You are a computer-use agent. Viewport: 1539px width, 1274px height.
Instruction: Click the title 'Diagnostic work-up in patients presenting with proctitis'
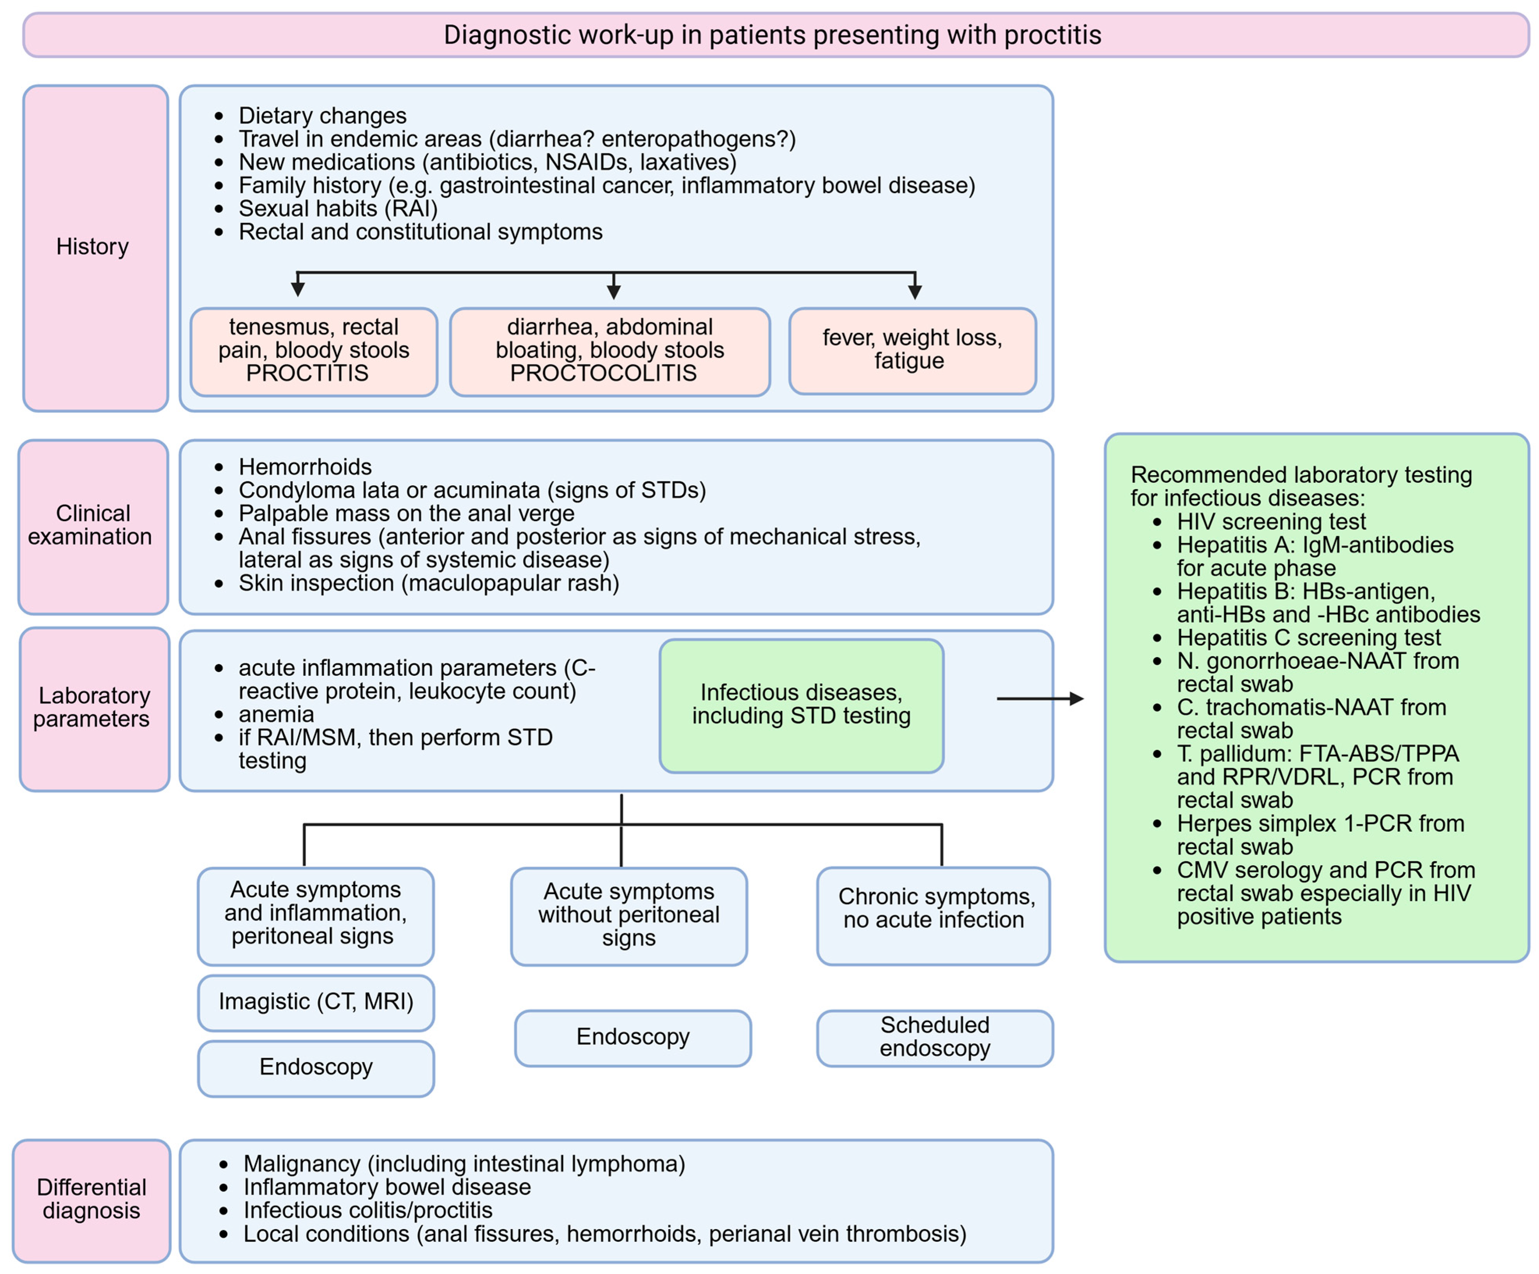(773, 34)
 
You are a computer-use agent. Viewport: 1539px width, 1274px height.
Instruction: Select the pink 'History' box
(95, 248)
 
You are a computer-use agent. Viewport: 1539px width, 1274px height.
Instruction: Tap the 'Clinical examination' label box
(93, 526)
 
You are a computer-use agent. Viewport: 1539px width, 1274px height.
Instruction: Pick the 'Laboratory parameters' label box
(95, 709)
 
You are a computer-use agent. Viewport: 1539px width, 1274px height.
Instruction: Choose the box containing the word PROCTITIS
(314, 352)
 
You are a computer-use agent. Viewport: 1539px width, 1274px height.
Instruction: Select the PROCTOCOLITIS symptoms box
(610, 352)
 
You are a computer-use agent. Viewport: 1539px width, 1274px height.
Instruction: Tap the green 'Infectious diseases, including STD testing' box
(801, 705)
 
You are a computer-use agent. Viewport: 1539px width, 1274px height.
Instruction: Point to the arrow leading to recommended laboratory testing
(1040, 698)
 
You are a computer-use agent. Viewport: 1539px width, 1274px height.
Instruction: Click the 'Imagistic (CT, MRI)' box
(316, 1002)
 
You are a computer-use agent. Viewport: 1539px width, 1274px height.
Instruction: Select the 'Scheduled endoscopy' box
(935, 1038)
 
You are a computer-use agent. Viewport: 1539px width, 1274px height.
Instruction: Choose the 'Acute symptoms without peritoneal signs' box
(629, 916)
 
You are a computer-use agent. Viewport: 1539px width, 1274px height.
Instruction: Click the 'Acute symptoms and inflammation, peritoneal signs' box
(316, 916)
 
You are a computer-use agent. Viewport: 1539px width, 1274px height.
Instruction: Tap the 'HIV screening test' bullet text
(1271, 521)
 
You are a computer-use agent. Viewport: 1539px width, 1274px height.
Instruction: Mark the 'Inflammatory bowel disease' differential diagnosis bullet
(387, 1187)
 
